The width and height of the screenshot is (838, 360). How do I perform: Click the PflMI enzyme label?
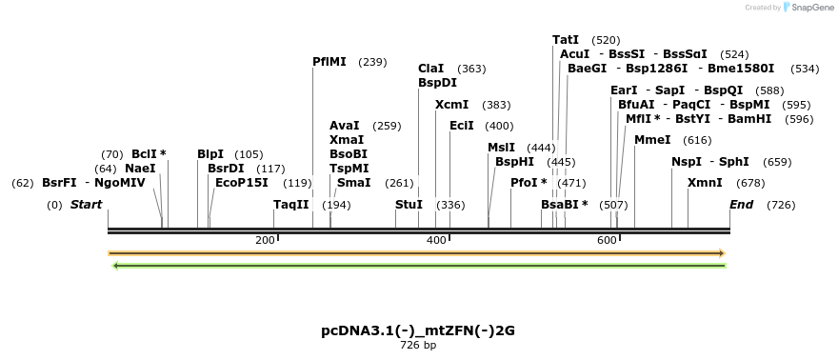[x=329, y=62]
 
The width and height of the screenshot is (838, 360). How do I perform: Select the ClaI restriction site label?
[x=430, y=69]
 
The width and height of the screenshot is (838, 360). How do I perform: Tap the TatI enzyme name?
[x=566, y=40]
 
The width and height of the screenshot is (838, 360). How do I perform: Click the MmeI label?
[x=652, y=140]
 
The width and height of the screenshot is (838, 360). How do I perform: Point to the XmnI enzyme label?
[x=705, y=183]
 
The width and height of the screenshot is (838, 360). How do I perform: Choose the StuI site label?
[x=409, y=205]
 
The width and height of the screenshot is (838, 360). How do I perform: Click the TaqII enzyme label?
[x=291, y=205]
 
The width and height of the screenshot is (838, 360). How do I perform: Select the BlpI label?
[x=210, y=154]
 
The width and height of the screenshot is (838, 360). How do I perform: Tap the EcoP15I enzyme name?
[x=242, y=183]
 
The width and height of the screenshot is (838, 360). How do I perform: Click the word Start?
[x=86, y=205]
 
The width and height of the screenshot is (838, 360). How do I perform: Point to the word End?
[x=742, y=205]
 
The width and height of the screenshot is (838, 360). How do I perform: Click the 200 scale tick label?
[x=265, y=241]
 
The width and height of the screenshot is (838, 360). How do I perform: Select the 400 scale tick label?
[x=436, y=241]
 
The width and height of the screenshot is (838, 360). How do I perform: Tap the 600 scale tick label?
[x=607, y=241]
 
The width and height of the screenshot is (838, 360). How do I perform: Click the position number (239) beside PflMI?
[x=372, y=62]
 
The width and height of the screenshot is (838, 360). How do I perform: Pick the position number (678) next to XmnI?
[x=751, y=183]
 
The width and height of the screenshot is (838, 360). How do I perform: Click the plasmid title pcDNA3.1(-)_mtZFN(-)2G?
[x=418, y=330]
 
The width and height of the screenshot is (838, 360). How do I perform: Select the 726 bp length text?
[x=418, y=345]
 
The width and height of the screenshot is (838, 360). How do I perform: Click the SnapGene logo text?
[x=811, y=8]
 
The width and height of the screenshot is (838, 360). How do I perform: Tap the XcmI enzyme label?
[x=451, y=105]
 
